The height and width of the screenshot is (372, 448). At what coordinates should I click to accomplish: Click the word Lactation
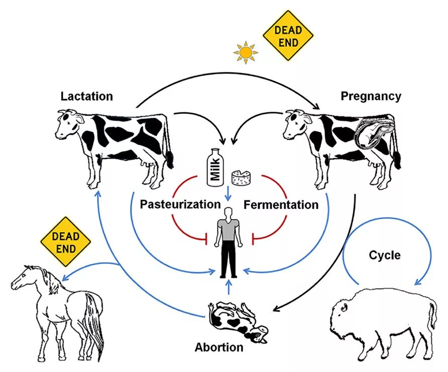(x=87, y=96)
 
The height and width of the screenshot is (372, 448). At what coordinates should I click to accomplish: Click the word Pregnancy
(x=371, y=96)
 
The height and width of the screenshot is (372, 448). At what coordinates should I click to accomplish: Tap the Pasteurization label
(x=180, y=205)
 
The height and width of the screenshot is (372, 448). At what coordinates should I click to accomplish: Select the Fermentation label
(x=281, y=205)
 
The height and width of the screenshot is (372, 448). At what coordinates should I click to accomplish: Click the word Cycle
(x=385, y=255)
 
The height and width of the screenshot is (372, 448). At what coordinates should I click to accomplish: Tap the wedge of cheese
(x=241, y=176)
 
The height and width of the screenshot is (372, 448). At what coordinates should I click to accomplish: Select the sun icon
(x=246, y=52)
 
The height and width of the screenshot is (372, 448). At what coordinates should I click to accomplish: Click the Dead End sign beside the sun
(x=288, y=36)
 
